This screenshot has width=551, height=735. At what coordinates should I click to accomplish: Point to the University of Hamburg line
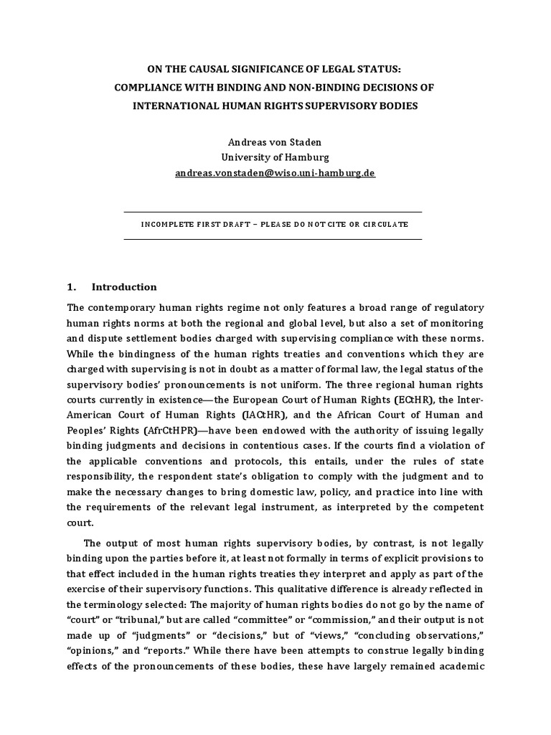(x=275, y=157)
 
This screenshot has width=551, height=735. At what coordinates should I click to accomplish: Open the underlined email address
(x=275, y=173)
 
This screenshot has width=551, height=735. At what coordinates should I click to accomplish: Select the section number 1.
(x=71, y=287)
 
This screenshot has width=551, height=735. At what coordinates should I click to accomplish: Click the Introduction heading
(x=123, y=287)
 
